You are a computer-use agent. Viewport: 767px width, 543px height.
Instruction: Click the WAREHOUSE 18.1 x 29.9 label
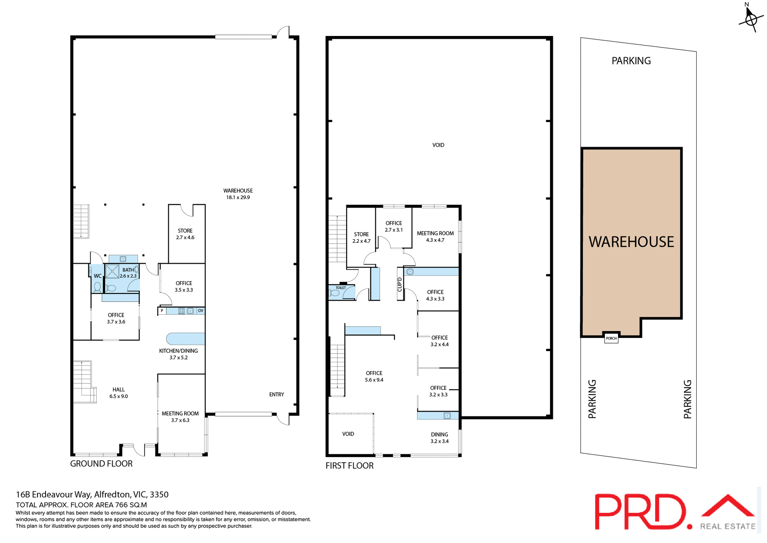238,194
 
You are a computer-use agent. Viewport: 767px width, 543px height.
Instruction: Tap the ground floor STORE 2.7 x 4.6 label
185,234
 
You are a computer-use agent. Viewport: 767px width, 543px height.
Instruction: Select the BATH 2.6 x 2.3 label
128,273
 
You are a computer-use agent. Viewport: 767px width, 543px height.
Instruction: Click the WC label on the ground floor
97,276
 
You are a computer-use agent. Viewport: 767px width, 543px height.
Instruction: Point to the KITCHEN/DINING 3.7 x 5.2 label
178,354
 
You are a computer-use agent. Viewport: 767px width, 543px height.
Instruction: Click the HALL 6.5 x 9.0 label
119,393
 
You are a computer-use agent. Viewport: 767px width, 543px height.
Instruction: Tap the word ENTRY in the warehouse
276,394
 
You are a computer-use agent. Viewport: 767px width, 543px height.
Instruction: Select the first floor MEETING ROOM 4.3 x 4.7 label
435,236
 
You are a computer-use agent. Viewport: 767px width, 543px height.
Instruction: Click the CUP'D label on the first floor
399,284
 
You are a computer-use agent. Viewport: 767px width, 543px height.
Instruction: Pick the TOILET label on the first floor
341,288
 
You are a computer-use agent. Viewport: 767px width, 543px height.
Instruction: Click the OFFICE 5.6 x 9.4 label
374,376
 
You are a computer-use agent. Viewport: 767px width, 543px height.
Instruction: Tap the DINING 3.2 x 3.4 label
439,437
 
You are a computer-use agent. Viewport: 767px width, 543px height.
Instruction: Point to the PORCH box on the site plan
611,338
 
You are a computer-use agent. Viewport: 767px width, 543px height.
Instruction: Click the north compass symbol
751,18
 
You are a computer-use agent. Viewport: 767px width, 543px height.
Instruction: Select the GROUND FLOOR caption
101,463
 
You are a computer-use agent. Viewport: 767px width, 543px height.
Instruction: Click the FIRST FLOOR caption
349,465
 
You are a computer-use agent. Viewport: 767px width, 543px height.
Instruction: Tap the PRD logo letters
639,512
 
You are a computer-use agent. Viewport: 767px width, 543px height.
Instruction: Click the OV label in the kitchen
201,311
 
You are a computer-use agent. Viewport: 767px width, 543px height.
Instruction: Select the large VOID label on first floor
438,145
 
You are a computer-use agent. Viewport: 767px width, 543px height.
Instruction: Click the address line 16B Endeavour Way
92,494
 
